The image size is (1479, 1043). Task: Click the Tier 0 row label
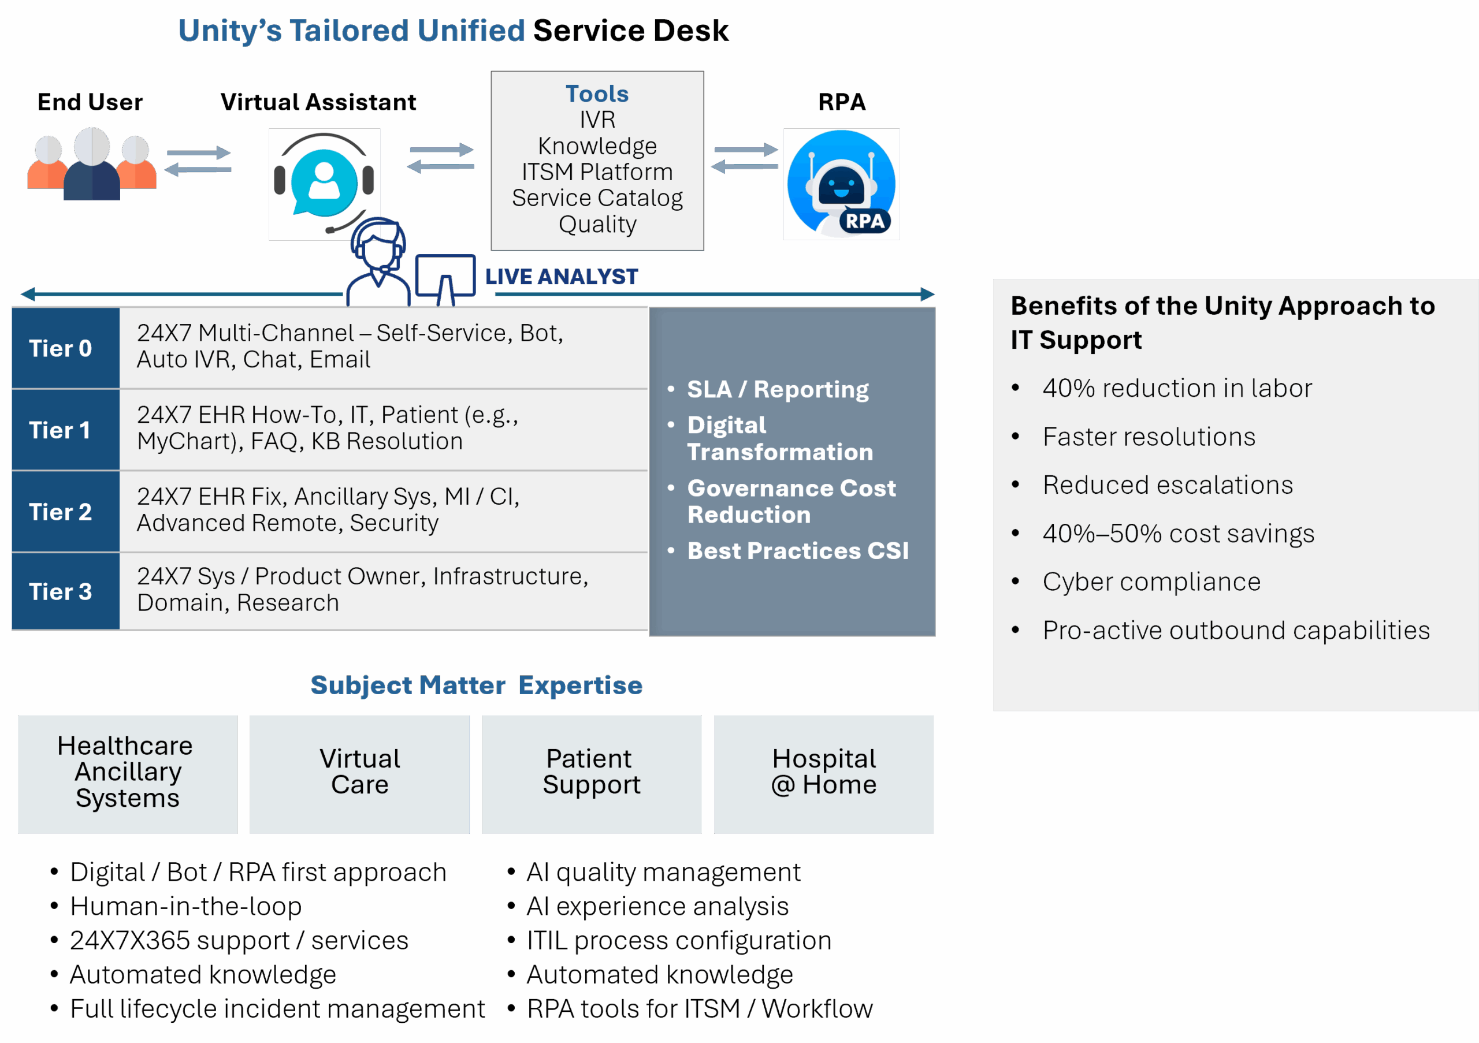point(61,348)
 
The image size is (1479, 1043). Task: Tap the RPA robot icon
point(841,184)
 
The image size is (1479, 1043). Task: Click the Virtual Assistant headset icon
point(324,184)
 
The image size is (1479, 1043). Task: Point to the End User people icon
point(91,163)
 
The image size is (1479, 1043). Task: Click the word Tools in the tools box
point(597,94)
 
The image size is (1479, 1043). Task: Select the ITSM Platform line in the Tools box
point(597,172)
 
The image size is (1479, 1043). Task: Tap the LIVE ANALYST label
point(561,277)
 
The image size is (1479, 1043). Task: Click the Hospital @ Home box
point(824,773)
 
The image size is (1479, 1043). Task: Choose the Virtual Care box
point(359,773)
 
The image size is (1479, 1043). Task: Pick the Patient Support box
point(592,773)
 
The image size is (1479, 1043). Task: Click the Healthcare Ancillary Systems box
point(128,773)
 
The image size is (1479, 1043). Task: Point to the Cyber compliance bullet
point(1151,582)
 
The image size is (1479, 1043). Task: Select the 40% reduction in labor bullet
point(1177,388)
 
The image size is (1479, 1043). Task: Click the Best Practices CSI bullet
point(797,551)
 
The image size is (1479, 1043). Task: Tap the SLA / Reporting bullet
point(778,389)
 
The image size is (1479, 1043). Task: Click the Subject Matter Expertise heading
point(476,685)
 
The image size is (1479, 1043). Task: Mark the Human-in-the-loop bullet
point(185,907)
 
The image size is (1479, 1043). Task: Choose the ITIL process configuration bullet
point(679,941)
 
